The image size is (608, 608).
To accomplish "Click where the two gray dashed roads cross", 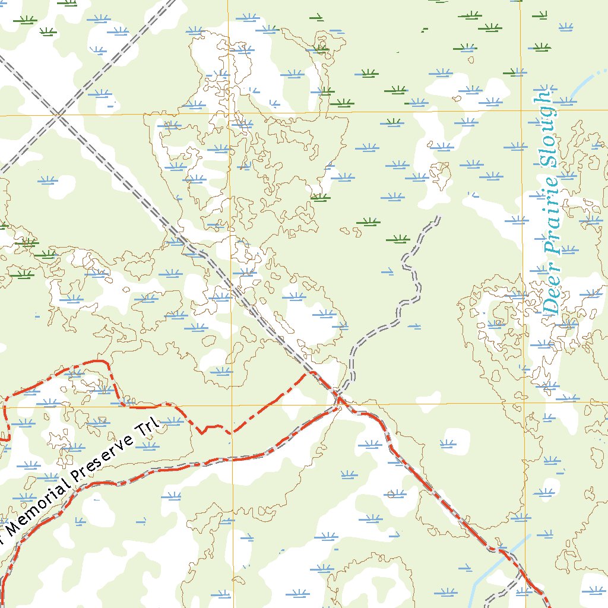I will (58, 115).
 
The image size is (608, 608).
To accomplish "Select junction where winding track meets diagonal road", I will (337, 393).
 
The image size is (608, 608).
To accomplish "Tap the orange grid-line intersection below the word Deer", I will (524, 403).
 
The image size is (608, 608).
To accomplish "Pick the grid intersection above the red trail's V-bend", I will (231, 406).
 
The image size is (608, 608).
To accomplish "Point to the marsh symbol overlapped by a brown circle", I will (392, 493).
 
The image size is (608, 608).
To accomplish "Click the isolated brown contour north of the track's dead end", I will (440, 172).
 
